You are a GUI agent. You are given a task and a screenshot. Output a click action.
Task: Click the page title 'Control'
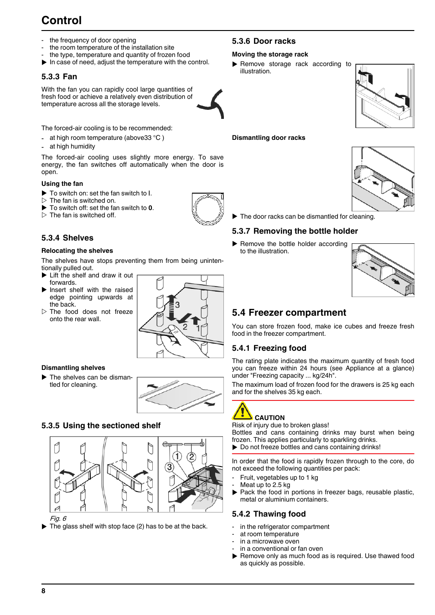tap(62, 20)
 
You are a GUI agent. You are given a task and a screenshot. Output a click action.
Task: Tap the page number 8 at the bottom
tap(43, 591)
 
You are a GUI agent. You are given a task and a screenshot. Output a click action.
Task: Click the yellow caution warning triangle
tap(242, 411)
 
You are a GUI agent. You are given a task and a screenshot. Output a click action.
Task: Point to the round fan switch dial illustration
tap(207, 209)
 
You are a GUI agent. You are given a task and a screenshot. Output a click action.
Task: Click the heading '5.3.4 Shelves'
tap(67, 238)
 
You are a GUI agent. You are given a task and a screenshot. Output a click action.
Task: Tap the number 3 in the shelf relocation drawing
tap(177, 305)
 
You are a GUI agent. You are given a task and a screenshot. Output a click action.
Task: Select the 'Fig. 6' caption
tap(58, 518)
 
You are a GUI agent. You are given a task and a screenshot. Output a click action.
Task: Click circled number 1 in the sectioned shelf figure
tap(177, 456)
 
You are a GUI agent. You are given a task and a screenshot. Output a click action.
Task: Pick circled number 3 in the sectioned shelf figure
tap(170, 467)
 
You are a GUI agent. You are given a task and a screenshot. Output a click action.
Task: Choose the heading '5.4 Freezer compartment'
tap(289, 313)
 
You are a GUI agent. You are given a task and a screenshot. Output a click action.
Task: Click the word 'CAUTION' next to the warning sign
tap(269, 418)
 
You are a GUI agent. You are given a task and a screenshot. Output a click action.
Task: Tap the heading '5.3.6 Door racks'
tap(264, 41)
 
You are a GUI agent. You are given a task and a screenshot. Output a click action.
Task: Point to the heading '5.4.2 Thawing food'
tap(269, 514)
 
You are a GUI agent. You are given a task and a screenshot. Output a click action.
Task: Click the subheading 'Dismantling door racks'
tap(269, 138)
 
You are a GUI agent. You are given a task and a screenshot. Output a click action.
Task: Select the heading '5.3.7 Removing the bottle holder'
tap(295, 231)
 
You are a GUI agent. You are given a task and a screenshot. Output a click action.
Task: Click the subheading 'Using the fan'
tap(62, 184)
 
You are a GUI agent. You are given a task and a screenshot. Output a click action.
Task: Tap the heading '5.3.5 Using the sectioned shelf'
tap(101, 425)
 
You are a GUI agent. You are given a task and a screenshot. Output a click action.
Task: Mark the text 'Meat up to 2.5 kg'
tap(265, 485)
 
